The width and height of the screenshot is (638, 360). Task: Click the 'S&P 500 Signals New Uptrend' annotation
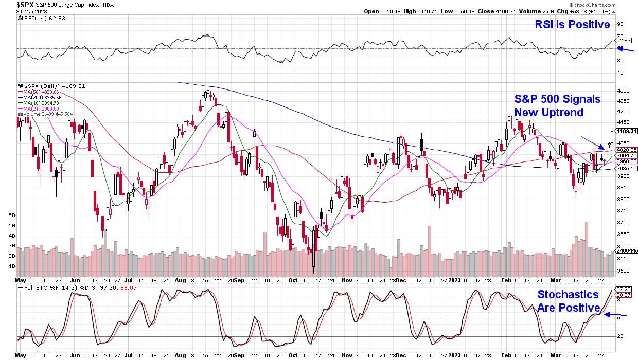[557, 105]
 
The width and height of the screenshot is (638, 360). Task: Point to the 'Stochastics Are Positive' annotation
[568, 301]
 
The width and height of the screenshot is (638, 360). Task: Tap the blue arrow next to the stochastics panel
[615, 315]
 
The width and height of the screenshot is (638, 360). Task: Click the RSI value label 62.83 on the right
[624, 40]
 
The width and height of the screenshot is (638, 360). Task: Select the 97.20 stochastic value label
[624, 290]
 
